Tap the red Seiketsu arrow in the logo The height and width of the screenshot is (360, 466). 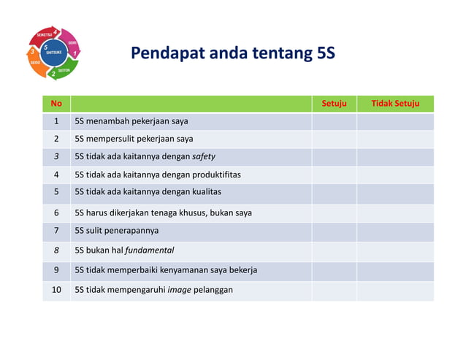tap(42, 35)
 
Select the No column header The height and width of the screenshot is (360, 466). tap(56, 104)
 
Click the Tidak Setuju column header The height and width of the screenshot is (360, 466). tap(395, 104)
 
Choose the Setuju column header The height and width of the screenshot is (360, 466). tap(334, 104)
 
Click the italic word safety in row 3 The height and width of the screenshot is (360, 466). tap(203, 156)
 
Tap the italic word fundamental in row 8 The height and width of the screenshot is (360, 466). tap(149, 250)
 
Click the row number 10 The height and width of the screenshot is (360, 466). tap(56, 290)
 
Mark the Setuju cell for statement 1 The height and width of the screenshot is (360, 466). tap(334, 121)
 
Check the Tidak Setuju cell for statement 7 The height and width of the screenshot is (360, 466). tap(395, 231)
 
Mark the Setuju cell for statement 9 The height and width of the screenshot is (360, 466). tap(334, 270)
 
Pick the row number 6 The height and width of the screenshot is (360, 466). tap(56, 213)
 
